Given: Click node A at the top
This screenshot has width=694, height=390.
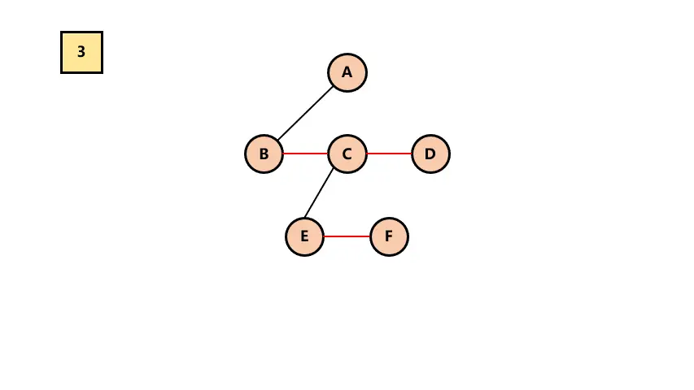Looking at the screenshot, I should pos(347,72).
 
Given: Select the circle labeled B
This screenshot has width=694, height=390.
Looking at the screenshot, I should pos(264,154).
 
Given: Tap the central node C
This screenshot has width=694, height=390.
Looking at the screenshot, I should pos(347,154).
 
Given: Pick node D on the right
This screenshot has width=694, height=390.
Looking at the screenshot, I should pos(430,154).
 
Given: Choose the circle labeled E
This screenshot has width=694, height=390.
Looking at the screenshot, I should pos(305,236).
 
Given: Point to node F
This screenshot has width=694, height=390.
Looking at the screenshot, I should pos(389,236).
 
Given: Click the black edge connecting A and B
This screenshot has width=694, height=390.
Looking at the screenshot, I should pos(306,113).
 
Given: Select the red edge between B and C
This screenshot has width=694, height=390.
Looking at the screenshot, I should pos(306,154).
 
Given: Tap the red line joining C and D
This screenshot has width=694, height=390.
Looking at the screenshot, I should pos(389,154).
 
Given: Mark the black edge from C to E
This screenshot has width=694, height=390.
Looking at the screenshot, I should pos(320,193).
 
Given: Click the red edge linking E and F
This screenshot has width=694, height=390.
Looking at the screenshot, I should pos(347,236).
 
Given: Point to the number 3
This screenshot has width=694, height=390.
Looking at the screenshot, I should pos(81,52).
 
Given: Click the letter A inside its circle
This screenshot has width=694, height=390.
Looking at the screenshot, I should pos(347,72).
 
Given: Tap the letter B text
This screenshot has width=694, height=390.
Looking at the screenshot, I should pos(264,154).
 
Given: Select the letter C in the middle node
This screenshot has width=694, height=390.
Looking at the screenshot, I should pos(347,154).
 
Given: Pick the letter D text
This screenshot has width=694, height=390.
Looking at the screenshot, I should pos(430,154).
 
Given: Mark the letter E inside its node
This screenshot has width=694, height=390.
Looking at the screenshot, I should pos(305,236).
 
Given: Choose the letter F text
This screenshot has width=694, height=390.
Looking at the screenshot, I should pos(389,236).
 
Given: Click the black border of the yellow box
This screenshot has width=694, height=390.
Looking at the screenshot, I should pos(62,52).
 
